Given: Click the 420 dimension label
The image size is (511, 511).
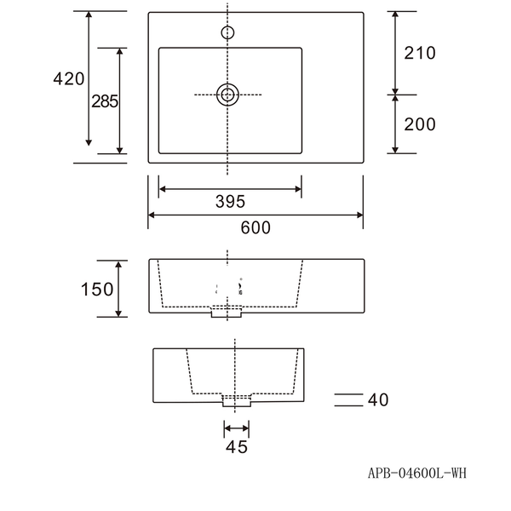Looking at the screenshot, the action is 69,79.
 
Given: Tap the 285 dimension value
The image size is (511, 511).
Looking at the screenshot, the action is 105,101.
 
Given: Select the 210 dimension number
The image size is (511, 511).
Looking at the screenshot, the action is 420,53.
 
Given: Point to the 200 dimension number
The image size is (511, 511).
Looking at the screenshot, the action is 420,124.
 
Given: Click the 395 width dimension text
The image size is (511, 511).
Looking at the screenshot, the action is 230,201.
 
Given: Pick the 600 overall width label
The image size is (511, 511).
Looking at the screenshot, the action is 255,227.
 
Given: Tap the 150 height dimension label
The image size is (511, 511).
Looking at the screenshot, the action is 97,289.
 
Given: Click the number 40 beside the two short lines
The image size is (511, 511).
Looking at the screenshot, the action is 378,400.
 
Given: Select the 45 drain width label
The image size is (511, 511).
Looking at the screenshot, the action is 237,447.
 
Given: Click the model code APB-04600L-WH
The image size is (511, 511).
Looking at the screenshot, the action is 417,473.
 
